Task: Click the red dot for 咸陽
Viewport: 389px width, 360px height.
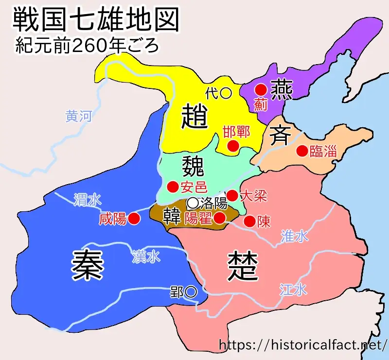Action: [x=135, y=219]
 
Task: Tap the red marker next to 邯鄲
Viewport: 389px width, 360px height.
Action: [x=233, y=145]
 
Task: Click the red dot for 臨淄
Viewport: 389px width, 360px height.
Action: [x=302, y=151]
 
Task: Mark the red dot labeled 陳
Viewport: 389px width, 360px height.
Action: [x=249, y=222]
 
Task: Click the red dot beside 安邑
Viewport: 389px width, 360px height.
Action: [x=172, y=187]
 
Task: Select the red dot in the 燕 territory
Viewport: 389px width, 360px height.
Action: [x=261, y=89]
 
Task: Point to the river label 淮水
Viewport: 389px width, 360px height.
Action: [x=294, y=236]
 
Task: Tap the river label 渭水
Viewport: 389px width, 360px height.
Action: [x=88, y=199]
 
